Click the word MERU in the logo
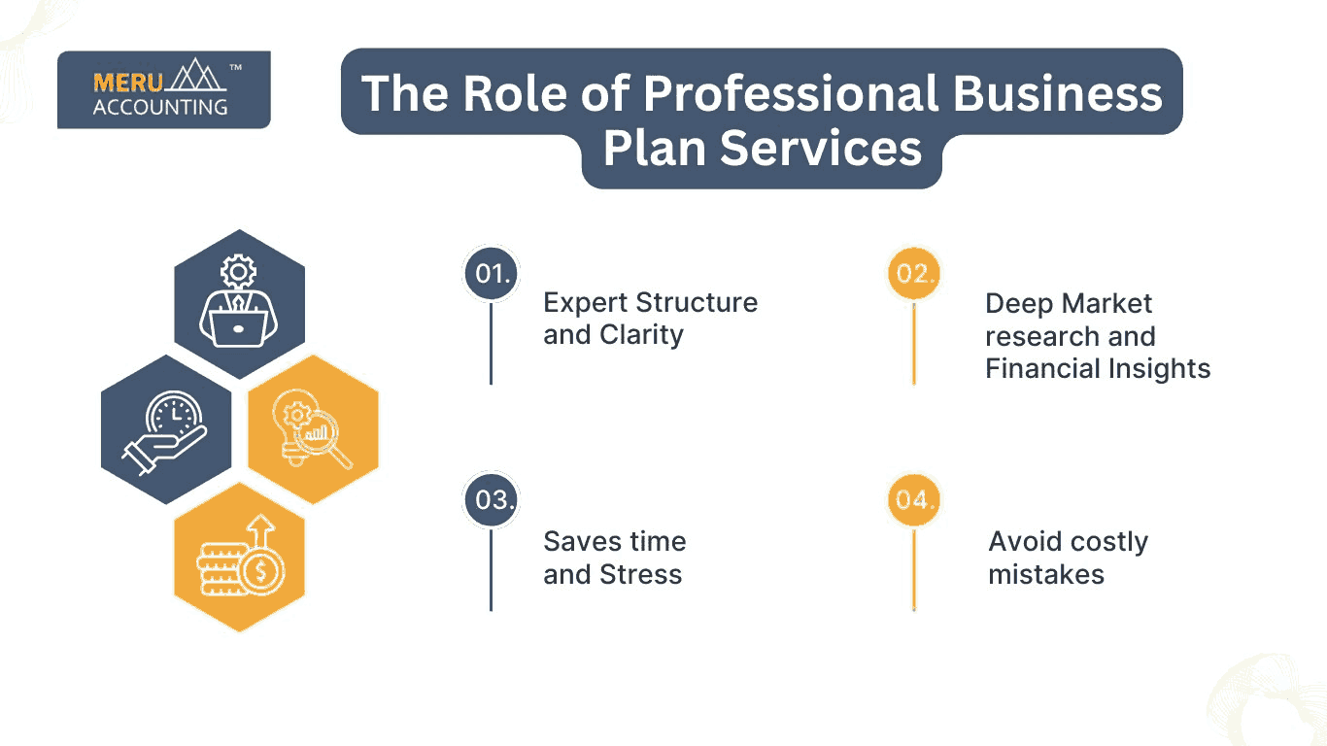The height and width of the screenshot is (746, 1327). [128, 83]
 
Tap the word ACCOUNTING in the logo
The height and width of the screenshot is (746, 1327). [160, 107]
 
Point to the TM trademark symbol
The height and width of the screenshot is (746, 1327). [236, 68]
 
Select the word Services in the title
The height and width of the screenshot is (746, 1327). [821, 149]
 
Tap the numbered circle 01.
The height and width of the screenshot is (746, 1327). [492, 273]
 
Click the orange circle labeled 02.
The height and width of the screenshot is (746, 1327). [914, 273]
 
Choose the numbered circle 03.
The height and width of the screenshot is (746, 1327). [492, 499]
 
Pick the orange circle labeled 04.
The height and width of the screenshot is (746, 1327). [914, 499]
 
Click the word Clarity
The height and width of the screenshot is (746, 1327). [641, 336]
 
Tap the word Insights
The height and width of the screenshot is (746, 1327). [1159, 369]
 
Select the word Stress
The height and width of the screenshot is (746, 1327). [640, 574]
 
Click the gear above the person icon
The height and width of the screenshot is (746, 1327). [238, 272]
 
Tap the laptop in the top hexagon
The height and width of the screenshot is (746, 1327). [238, 328]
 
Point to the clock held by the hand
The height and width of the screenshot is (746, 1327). [174, 413]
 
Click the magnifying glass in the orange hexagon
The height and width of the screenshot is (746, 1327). [323, 437]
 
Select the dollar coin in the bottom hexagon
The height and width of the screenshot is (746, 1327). [261, 570]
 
